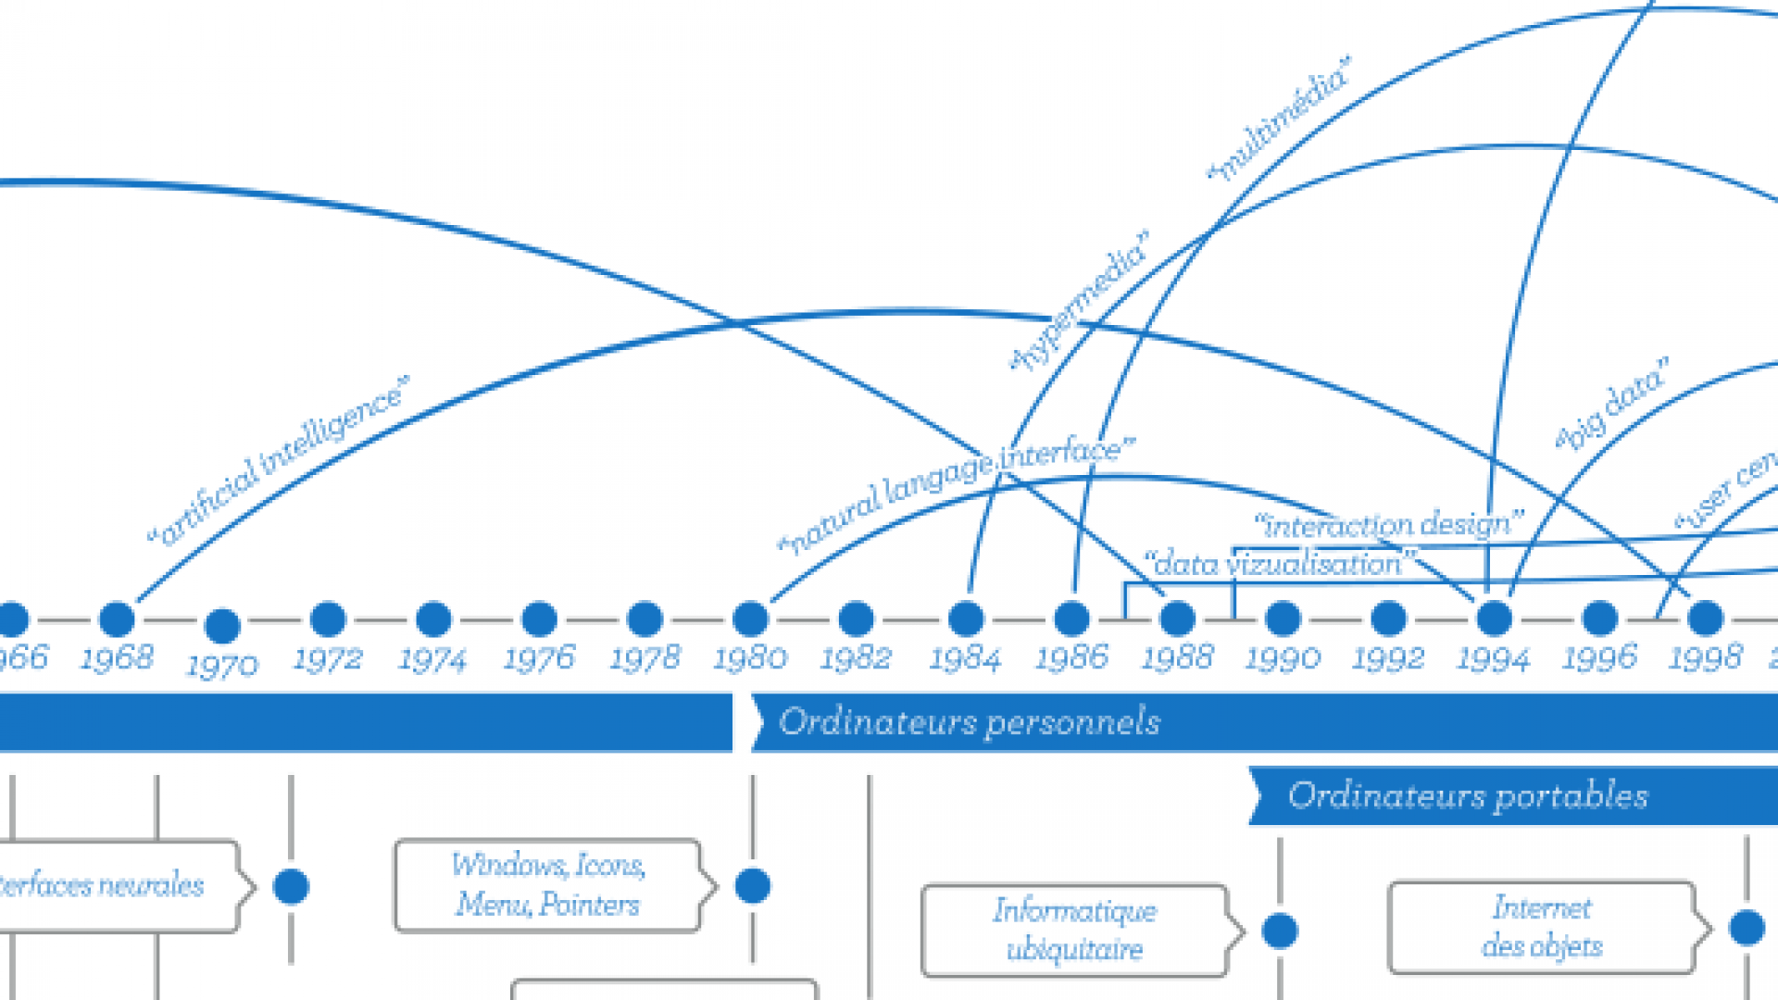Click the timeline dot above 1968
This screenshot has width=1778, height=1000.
[x=117, y=619]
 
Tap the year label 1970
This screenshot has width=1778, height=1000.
[x=222, y=665]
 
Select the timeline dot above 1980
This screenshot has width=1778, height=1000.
[x=750, y=619]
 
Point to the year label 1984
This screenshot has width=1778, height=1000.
[x=965, y=658]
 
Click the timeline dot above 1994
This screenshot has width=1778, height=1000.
[x=1494, y=619]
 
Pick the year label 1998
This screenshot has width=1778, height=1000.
[x=1705, y=657]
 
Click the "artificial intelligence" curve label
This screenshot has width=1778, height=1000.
[x=278, y=460]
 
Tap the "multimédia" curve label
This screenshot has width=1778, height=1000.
[x=1280, y=118]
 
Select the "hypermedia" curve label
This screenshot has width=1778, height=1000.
[x=1080, y=300]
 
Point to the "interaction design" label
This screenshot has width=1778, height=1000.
[x=1388, y=525]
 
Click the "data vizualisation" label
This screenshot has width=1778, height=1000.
[x=1279, y=563]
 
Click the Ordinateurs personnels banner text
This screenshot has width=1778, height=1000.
[x=970, y=721]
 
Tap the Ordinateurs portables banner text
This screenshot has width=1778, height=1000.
[x=1468, y=795]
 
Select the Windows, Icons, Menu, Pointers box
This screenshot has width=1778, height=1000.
[x=547, y=884]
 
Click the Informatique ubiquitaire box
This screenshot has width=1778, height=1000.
[x=1074, y=930]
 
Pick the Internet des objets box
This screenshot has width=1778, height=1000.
[x=1542, y=927]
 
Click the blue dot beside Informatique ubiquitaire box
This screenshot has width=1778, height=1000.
[x=1280, y=931]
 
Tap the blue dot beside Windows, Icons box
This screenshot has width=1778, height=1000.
[x=752, y=885]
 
